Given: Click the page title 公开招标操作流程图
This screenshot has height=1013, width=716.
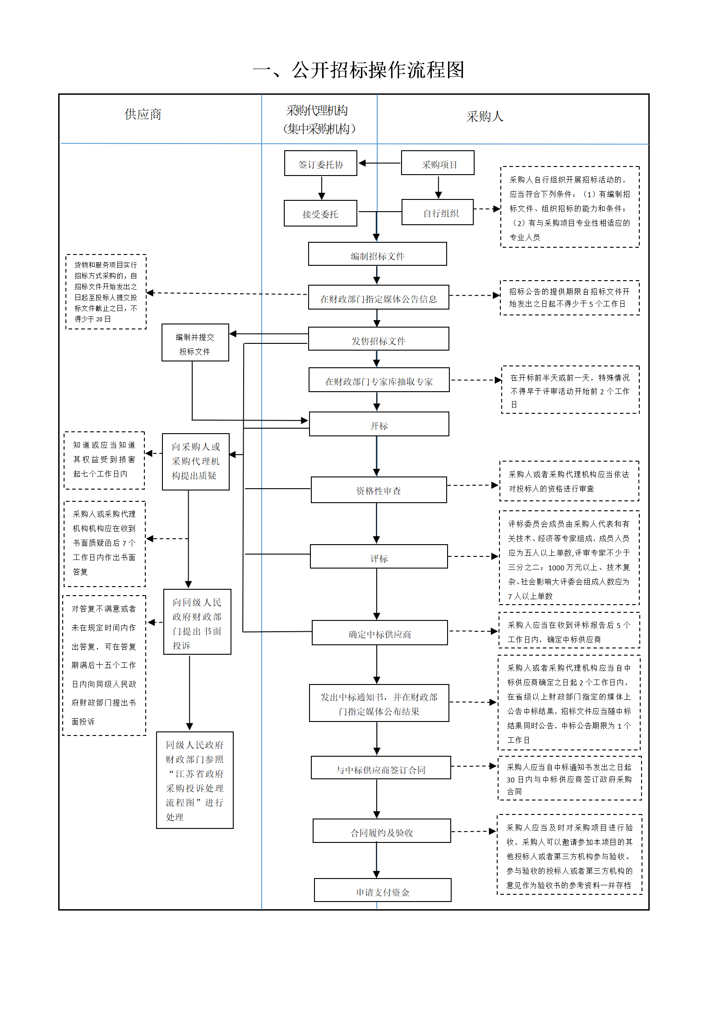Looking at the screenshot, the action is click(x=359, y=70).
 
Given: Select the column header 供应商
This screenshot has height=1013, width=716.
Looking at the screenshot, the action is click(x=143, y=115).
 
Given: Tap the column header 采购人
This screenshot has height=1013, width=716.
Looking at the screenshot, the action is click(x=485, y=117).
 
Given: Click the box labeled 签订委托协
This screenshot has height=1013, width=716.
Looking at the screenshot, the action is click(x=321, y=163).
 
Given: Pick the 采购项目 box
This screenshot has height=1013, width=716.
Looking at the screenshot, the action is click(x=438, y=163).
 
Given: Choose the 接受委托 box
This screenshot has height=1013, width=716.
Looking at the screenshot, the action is click(x=320, y=213).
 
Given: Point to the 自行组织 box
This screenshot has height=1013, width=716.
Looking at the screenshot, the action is click(x=438, y=212).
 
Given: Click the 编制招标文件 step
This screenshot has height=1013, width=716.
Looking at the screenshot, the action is click(x=378, y=254).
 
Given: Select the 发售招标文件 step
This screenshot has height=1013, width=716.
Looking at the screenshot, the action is click(x=379, y=339).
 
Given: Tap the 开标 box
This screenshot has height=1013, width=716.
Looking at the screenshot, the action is click(x=379, y=424).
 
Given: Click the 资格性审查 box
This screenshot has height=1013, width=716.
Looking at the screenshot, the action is click(x=379, y=490).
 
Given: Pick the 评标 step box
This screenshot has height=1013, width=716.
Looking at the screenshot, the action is click(x=379, y=556).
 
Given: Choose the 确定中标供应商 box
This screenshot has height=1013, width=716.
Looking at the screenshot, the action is click(x=380, y=633).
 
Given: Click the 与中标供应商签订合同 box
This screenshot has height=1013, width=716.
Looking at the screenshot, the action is click(x=381, y=768).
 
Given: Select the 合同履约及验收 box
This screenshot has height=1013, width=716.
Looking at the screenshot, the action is click(x=382, y=831).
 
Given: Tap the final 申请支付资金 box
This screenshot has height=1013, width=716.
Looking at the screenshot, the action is click(x=383, y=890).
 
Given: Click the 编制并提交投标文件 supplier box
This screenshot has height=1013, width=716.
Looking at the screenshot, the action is click(x=195, y=342).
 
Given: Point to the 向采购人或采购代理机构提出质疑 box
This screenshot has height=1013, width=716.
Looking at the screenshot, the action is click(x=196, y=462).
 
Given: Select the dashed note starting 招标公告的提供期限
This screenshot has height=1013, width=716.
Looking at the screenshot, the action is click(x=570, y=298).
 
